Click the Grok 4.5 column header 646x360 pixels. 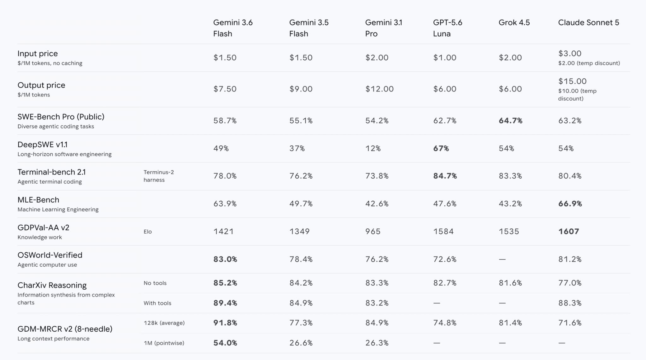pyautogui.click(x=514, y=22)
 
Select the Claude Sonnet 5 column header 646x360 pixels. pyautogui.click(x=588, y=22)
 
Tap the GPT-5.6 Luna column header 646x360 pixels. pyautogui.click(x=447, y=28)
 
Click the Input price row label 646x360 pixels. pyautogui.click(x=38, y=54)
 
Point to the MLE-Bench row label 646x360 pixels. pyautogui.click(x=38, y=200)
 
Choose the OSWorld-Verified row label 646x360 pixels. pyautogui.click(x=50, y=255)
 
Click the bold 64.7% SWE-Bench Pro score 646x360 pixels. pyautogui.click(x=510, y=121)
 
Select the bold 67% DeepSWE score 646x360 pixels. pyautogui.click(x=441, y=148)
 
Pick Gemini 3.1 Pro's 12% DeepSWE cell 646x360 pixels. pyautogui.click(x=373, y=148)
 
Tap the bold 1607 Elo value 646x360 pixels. pyautogui.click(x=568, y=231)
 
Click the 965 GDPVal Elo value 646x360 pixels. pyautogui.click(x=373, y=231)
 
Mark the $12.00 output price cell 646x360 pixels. pyautogui.click(x=379, y=89)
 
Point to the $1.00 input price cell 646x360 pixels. pyautogui.click(x=444, y=57)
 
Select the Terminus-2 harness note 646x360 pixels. pyautogui.click(x=159, y=176)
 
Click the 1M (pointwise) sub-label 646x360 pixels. pyautogui.click(x=164, y=343)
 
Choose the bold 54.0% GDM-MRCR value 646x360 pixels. pyautogui.click(x=225, y=343)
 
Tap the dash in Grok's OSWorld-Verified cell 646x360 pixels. pyautogui.click(x=502, y=259)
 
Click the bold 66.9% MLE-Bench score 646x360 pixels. pyautogui.click(x=570, y=204)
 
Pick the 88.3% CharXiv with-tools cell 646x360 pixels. pyautogui.click(x=570, y=303)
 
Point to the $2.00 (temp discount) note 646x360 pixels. pyautogui.click(x=589, y=63)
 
